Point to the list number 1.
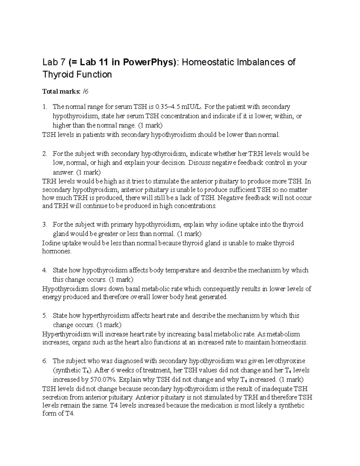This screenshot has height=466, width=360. coord(45,107)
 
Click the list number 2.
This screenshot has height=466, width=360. coord(45,154)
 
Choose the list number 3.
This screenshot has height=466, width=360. coord(45,225)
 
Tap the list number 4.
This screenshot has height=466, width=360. coord(45,270)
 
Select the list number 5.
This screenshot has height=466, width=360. coord(45,316)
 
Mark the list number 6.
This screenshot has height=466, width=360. coord(45,361)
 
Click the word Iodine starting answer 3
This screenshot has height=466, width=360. coord(51,243)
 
